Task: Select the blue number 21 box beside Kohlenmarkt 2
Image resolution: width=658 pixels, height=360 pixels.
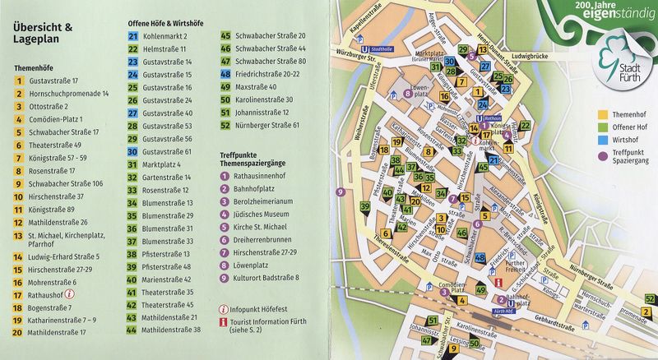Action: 133,36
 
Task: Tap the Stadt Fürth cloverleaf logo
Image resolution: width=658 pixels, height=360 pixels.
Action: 625,58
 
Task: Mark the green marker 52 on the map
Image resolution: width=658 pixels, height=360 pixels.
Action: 649,299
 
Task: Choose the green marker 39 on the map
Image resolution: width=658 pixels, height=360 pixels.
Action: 364,205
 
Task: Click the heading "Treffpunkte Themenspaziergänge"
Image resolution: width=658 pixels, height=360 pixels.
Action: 259,160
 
